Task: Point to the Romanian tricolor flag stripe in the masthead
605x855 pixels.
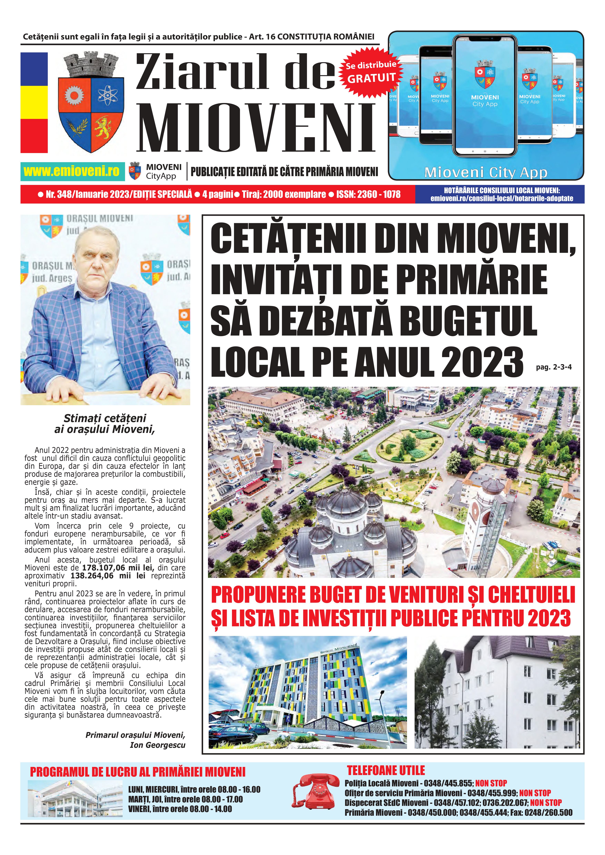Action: (34, 102)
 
